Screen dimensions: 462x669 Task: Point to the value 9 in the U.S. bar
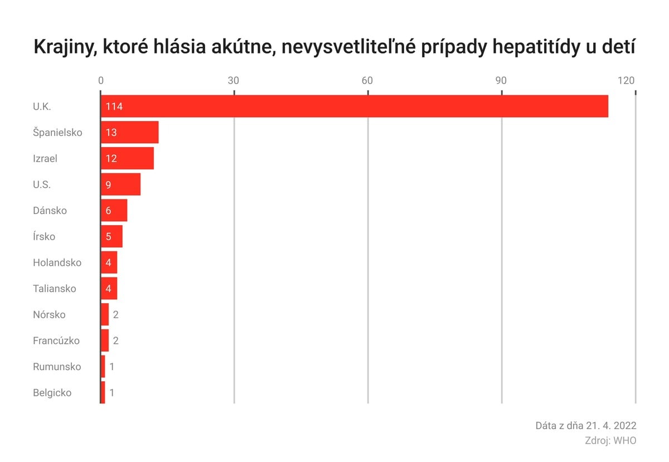tap(108, 184)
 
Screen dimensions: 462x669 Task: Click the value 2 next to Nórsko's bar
tap(115, 315)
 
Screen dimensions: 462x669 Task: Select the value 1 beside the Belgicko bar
tap(111, 393)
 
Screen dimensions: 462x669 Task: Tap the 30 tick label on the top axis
tap(234, 80)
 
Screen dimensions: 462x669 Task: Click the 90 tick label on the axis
tap(501, 80)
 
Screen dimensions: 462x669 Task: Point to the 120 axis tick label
tap(626, 80)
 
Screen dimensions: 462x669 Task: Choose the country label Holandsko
tap(57, 262)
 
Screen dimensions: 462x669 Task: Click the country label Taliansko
tap(54, 289)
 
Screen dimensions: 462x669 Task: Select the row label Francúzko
tap(56, 341)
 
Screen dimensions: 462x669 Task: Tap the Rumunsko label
tap(57, 367)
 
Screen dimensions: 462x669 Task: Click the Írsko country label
tap(44, 237)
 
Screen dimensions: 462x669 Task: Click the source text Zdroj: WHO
tap(610, 440)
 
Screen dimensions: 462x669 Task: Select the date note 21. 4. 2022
tap(611, 426)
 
